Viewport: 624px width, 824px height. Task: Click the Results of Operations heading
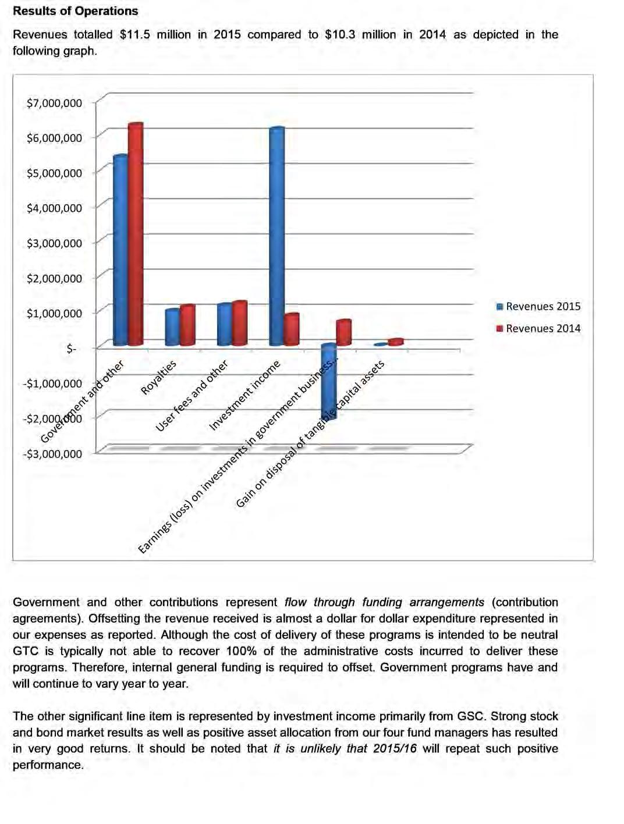pyautogui.click(x=75, y=11)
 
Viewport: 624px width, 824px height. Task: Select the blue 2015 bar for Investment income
pyautogui.click(x=277, y=233)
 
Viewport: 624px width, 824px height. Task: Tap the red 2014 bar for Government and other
pyautogui.click(x=135, y=233)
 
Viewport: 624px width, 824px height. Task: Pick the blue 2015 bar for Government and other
pyautogui.click(x=120, y=250)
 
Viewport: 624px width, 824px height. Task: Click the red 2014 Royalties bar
pyautogui.click(x=187, y=325)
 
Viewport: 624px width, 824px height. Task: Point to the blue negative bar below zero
pyautogui.click(x=329, y=384)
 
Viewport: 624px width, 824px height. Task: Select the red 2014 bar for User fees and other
pyautogui.click(x=239, y=323)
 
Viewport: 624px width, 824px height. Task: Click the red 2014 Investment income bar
pyautogui.click(x=292, y=329)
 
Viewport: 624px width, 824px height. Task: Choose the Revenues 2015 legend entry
pyautogui.click(x=538, y=307)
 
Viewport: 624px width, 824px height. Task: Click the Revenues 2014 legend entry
pyautogui.click(x=538, y=329)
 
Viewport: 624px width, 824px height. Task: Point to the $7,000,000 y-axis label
pyautogui.click(x=54, y=103)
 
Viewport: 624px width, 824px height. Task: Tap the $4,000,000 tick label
pyautogui.click(x=54, y=208)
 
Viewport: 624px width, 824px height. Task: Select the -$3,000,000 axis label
pyautogui.click(x=52, y=453)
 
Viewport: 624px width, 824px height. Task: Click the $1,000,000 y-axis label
pyautogui.click(x=54, y=313)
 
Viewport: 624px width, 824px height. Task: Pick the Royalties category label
pyautogui.click(x=159, y=377)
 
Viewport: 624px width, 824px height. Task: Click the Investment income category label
pyautogui.click(x=245, y=395)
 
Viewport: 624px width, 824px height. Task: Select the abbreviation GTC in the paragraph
pyautogui.click(x=26, y=651)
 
